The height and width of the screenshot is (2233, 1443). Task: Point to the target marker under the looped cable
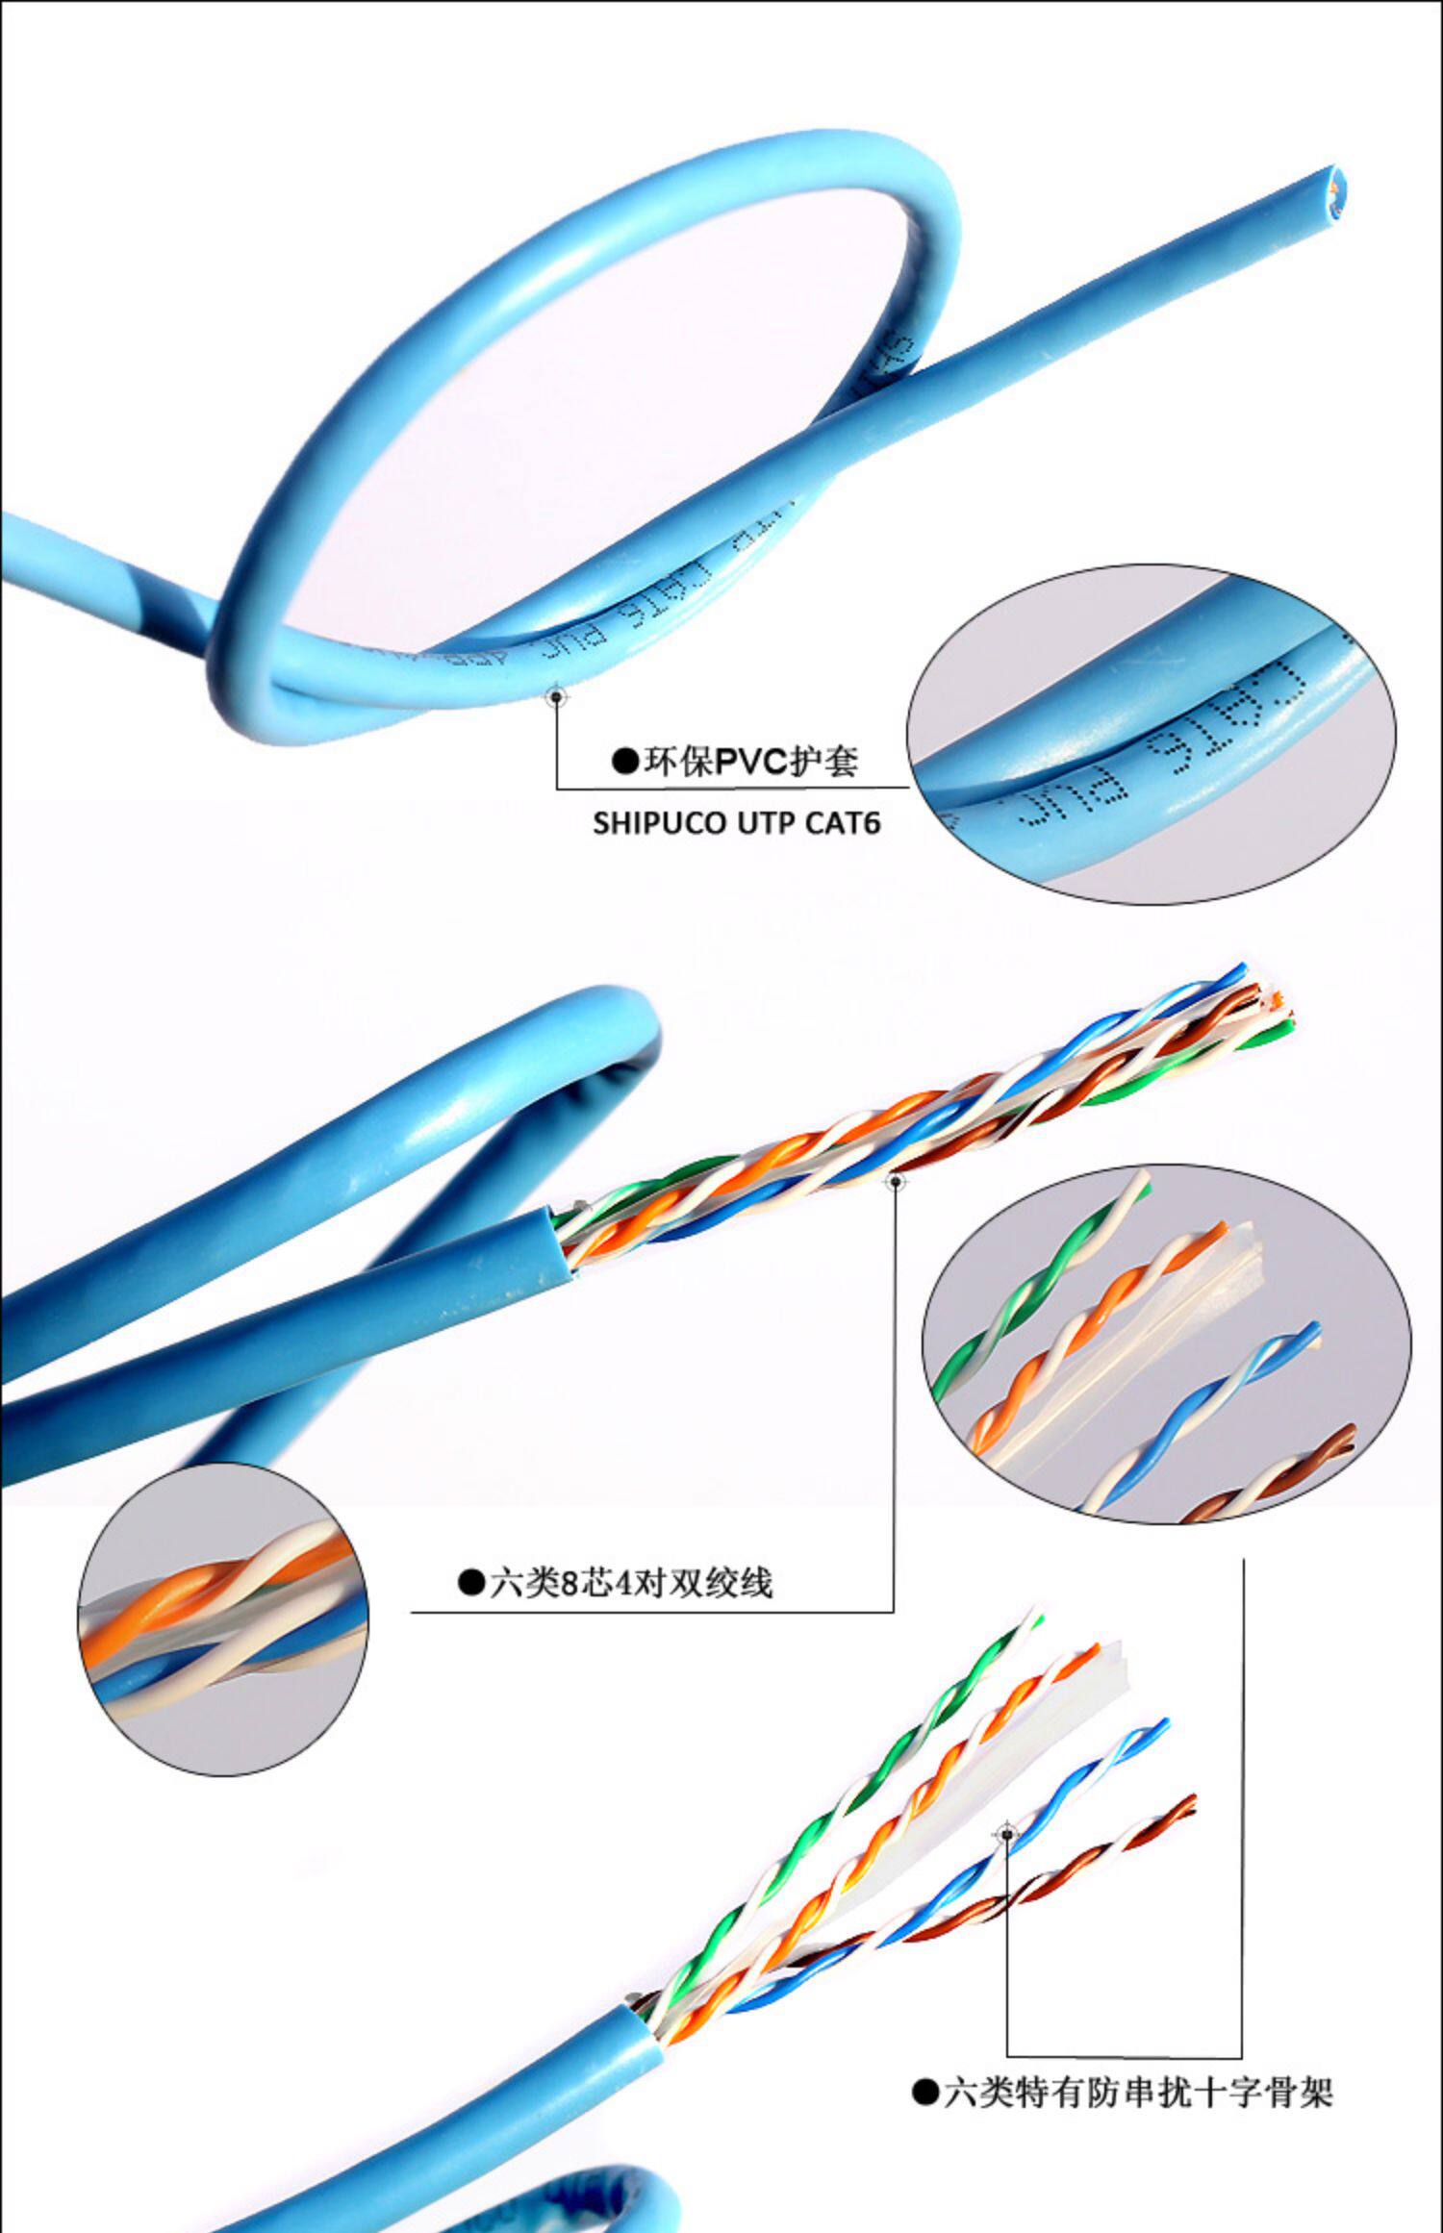556,695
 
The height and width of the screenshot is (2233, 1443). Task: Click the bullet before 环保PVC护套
625,763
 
